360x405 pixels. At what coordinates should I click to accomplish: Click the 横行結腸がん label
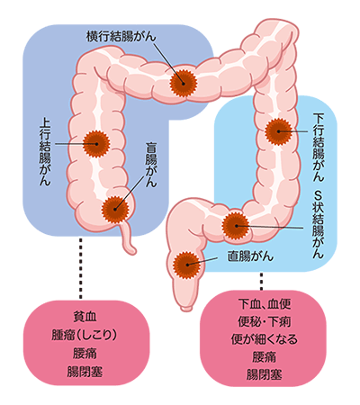pos(121,37)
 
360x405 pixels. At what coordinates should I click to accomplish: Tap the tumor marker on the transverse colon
pos(184,83)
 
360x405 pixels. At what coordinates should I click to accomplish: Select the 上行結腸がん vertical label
pos(45,151)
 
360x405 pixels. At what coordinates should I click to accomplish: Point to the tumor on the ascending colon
pos(96,144)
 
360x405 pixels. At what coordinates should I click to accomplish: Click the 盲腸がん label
pos(151,165)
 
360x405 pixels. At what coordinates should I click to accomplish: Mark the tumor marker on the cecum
pos(115,210)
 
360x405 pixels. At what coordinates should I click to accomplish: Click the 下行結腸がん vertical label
pos(319,147)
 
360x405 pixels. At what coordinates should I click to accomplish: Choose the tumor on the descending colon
pos(278,131)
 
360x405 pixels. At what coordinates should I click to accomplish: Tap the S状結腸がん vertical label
pos(319,224)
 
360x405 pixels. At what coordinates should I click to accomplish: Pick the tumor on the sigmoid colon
pos(236,226)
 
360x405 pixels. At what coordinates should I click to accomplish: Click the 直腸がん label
pos(250,256)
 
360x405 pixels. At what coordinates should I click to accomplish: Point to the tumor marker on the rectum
pos(187,265)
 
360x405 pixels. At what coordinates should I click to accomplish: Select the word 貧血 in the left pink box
pos(85,317)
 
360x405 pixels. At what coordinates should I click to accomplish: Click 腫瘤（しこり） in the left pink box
pos(85,336)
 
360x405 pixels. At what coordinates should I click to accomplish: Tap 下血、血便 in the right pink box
pos(265,304)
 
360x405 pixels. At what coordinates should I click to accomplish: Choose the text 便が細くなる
pos(265,339)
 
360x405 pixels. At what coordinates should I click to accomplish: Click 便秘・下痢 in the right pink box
pos(265,321)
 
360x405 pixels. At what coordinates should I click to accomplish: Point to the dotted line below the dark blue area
pos(80,268)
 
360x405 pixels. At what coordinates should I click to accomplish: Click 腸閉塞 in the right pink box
pos(265,374)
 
